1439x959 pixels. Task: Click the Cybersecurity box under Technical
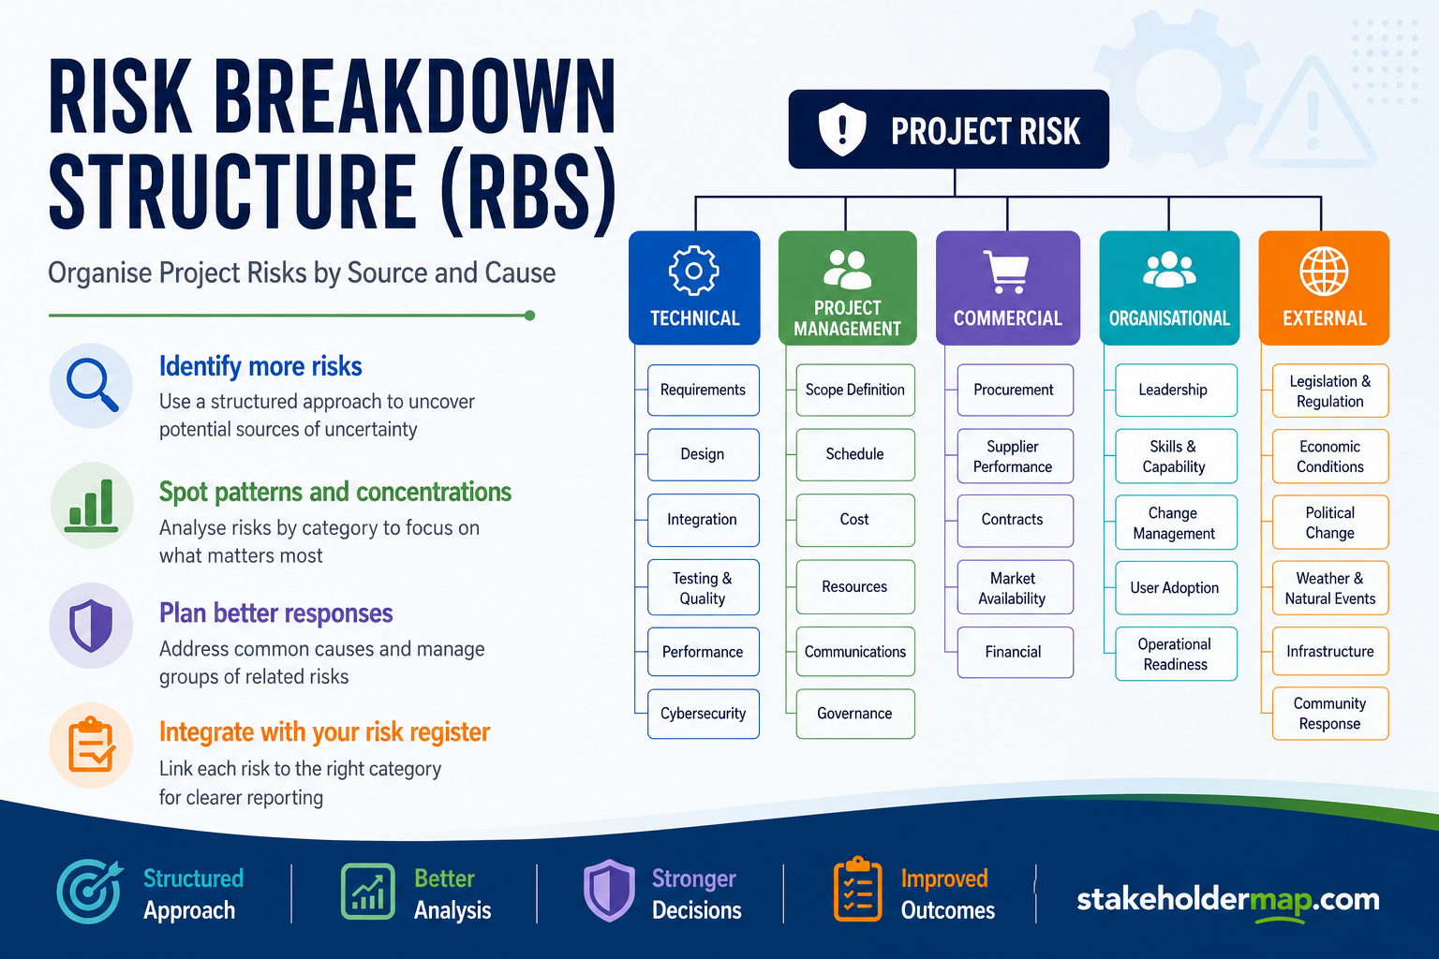(x=704, y=714)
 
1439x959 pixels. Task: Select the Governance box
(x=855, y=714)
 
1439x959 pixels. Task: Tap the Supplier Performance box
(x=1015, y=456)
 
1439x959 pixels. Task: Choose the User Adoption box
(x=1176, y=588)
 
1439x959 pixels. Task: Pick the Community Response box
(x=1330, y=714)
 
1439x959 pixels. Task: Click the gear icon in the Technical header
(x=694, y=271)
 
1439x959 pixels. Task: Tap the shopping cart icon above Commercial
(x=1007, y=272)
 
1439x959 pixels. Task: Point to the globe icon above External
(x=1324, y=271)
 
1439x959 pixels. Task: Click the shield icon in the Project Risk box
(x=842, y=129)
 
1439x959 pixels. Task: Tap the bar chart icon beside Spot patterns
(x=91, y=506)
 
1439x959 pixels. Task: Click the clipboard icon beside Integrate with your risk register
(x=91, y=745)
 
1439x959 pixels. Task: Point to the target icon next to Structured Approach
(x=89, y=891)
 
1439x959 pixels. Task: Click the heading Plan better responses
(x=275, y=613)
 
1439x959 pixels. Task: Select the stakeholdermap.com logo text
(x=1227, y=900)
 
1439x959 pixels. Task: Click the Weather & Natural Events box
(x=1330, y=588)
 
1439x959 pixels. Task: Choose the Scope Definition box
(x=855, y=390)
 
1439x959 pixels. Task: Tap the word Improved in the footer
(x=944, y=878)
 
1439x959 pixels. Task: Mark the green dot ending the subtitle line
(x=529, y=316)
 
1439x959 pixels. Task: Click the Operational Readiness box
(x=1176, y=654)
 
